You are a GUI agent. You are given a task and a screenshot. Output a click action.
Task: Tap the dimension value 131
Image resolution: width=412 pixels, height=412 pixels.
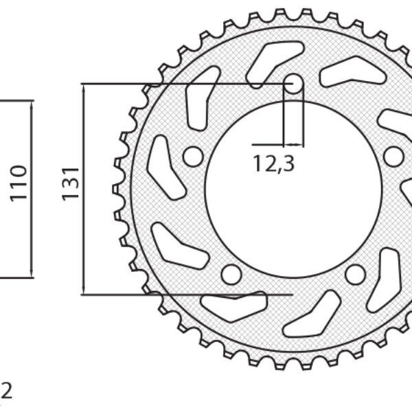pyautogui.click(x=71, y=184)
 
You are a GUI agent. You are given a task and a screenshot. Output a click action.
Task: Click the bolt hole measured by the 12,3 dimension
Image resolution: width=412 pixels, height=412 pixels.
pyautogui.click(x=293, y=84)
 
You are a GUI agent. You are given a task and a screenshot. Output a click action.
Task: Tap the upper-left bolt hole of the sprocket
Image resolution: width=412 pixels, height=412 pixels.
pyautogui.click(x=193, y=157)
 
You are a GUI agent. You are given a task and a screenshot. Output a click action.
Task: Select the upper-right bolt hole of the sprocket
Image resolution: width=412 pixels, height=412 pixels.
pyautogui.click(x=393, y=157)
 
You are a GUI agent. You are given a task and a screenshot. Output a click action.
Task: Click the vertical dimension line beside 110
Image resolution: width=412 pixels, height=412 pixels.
pyautogui.click(x=32, y=189)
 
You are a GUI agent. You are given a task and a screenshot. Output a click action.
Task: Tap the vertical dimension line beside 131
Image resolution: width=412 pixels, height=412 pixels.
pyautogui.click(x=83, y=189)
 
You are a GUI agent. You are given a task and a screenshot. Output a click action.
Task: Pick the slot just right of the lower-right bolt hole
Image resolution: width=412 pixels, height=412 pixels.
pyautogui.click(x=385, y=278)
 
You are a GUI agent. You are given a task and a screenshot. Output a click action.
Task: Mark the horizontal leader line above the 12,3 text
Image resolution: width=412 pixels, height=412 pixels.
pyautogui.click(x=268, y=145)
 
